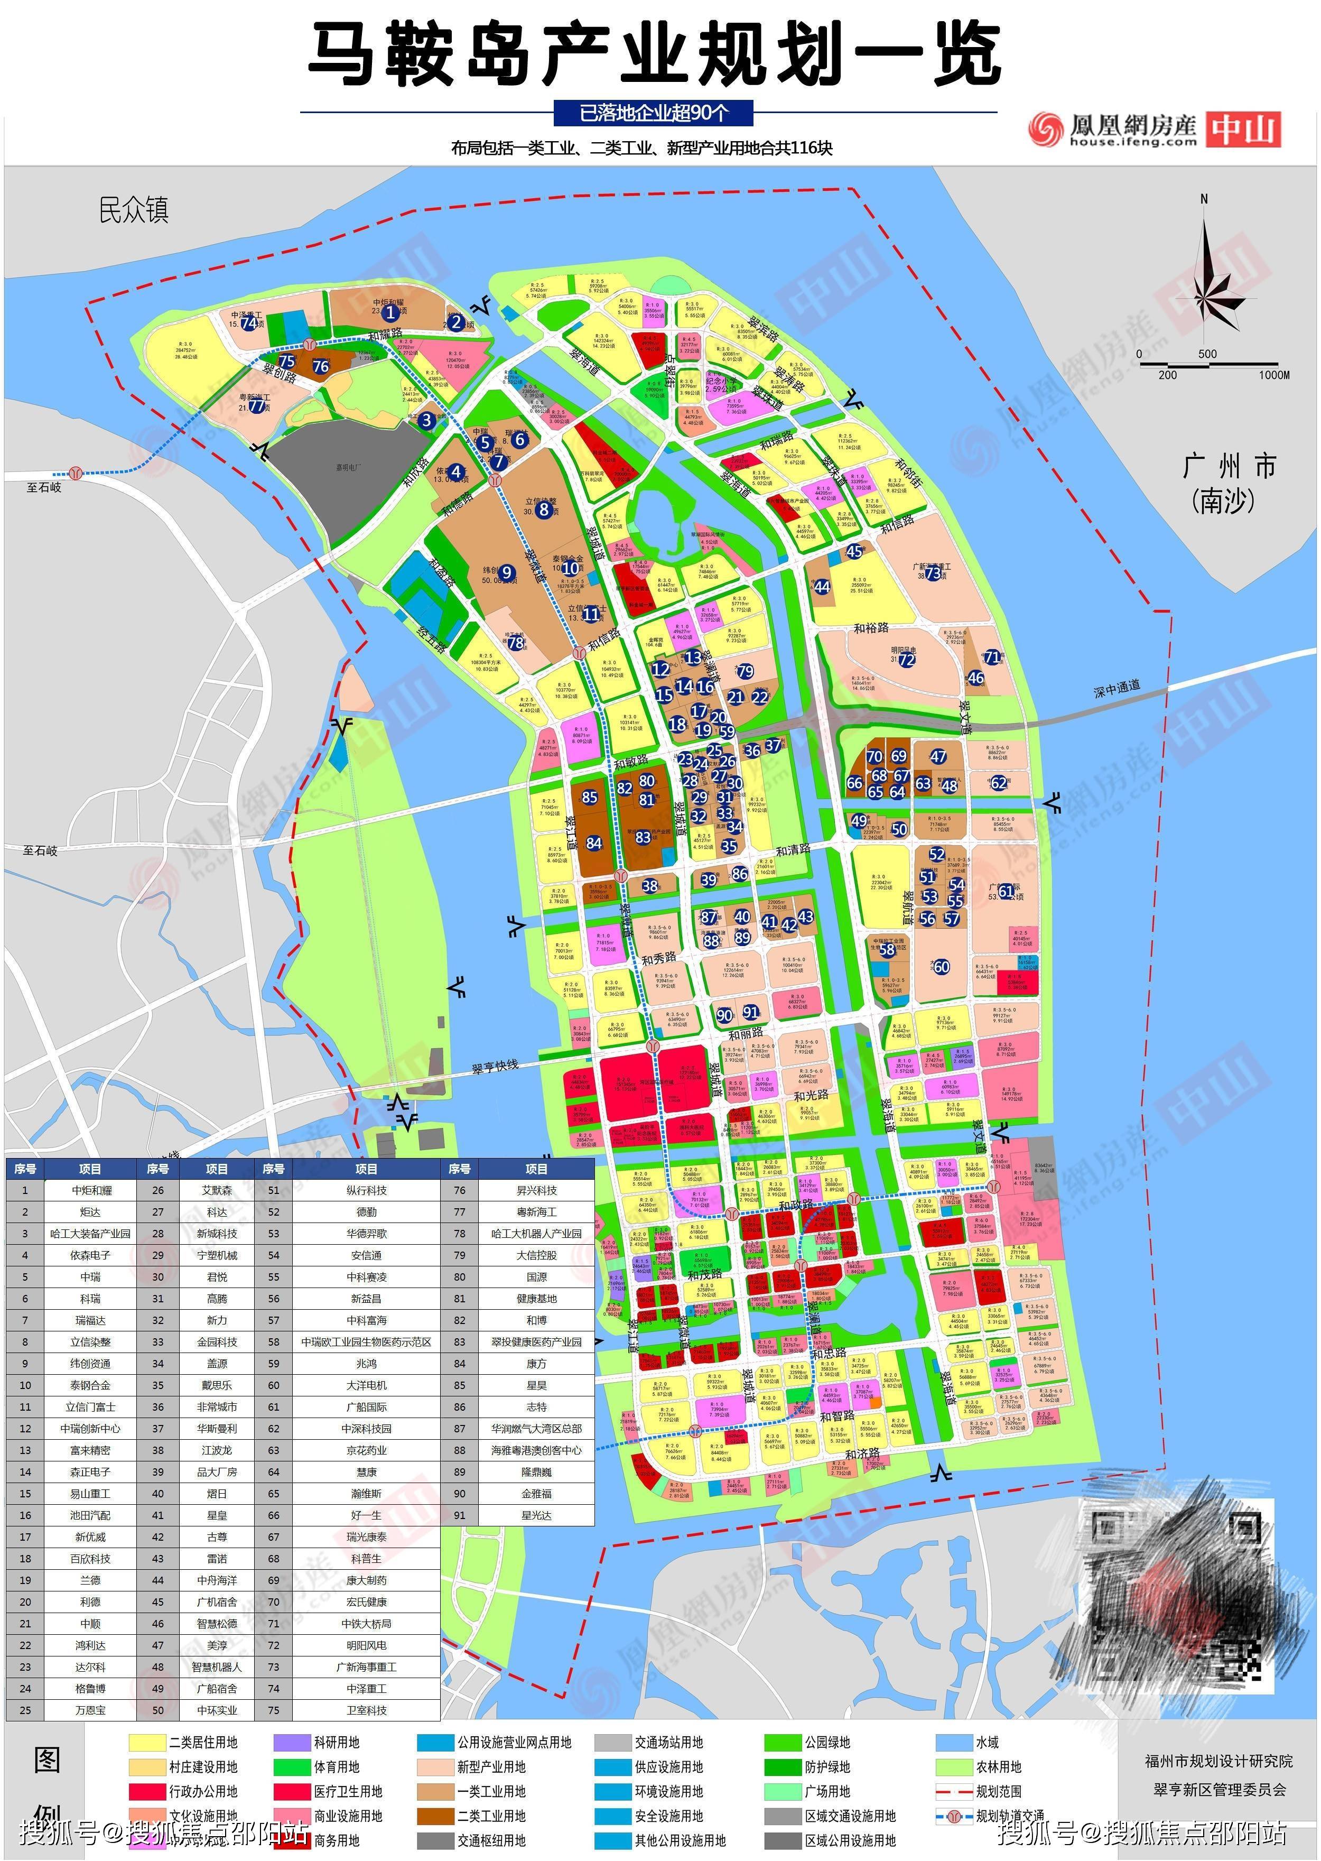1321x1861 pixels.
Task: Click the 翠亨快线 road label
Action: click(x=495, y=1067)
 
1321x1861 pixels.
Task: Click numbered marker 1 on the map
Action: click(x=390, y=312)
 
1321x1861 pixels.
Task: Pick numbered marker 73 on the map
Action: click(x=933, y=573)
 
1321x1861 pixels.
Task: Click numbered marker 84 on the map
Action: click(x=594, y=843)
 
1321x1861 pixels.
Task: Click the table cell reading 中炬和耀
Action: click(x=90, y=1190)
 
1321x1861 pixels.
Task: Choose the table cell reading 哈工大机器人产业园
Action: click(x=536, y=1234)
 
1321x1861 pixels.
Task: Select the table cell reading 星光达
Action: click(x=536, y=1515)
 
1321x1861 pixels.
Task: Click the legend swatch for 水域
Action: click(x=954, y=1742)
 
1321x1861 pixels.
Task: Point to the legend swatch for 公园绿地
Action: click(x=783, y=1742)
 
